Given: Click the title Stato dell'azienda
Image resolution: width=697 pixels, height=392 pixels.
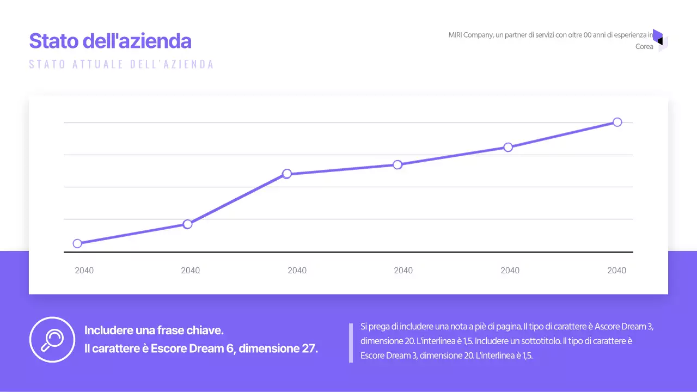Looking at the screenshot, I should pos(110,41).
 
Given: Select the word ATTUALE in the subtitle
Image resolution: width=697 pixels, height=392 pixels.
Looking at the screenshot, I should pos(99,64).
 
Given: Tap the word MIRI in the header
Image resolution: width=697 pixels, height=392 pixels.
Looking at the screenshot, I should pos(456,35).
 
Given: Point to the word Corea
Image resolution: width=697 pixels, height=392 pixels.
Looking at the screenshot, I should pos(644,47).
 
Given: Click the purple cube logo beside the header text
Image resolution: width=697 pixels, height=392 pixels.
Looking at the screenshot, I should pos(659,40).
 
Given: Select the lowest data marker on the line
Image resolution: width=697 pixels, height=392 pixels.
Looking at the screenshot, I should pos(77,243).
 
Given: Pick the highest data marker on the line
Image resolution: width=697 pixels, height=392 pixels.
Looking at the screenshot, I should pos(617,122).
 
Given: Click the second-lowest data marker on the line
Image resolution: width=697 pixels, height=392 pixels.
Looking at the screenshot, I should pos(187,224).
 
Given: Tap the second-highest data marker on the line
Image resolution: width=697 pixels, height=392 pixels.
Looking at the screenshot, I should pos(508,147).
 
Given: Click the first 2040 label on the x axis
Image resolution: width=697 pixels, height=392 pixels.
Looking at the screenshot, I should pos(84,271).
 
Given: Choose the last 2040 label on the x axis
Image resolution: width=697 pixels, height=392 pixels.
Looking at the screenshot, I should pos(616,271).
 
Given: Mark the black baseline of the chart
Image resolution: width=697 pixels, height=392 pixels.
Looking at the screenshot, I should pos(348,252).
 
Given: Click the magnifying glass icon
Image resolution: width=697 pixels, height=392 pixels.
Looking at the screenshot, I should pos(52,339).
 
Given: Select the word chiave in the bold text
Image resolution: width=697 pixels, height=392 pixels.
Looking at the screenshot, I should pos(206,330).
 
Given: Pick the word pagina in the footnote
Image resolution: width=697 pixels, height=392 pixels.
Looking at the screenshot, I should pos(507,327).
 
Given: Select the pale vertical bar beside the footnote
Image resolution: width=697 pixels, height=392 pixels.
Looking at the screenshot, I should pos(351,343).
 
